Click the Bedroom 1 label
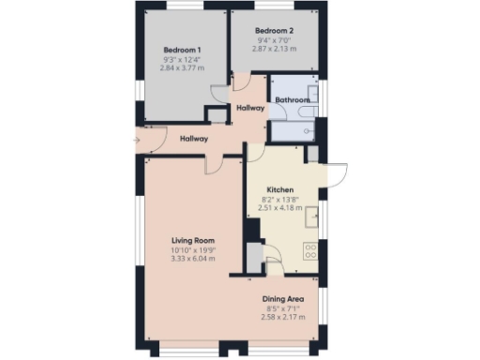click(182, 50)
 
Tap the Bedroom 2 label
click(276, 31)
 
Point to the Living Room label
click(193, 241)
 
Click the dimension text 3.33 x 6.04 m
click(193, 258)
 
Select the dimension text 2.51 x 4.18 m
click(280, 207)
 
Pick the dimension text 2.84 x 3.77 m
click(182, 67)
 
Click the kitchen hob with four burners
click(311, 250)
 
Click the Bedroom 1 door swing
click(217, 93)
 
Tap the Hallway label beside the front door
click(193, 139)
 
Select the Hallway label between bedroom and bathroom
click(250, 109)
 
